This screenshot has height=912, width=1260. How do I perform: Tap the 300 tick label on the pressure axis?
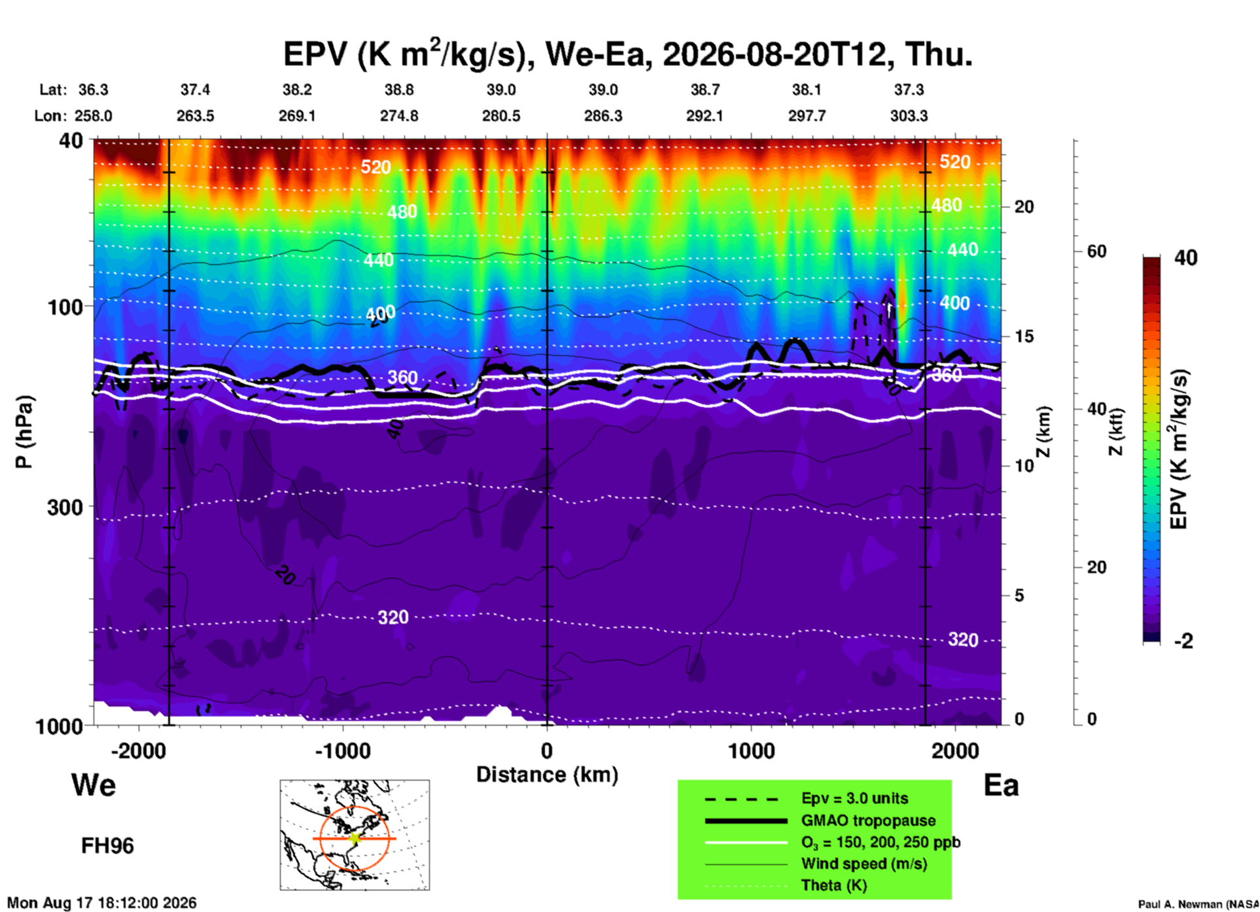click(65, 507)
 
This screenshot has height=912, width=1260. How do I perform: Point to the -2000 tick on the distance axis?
click(138, 751)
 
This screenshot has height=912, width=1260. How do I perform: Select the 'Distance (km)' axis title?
click(547, 775)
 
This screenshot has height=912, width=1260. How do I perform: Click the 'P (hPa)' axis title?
click(24, 432)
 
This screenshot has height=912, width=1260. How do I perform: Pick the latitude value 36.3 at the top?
click(93, 90)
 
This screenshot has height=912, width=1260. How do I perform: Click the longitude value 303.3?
click(909, 116)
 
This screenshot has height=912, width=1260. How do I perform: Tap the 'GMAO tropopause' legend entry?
click(868, 820)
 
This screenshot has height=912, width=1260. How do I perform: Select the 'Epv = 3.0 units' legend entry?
click(854, 799)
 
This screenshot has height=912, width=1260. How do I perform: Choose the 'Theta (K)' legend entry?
click(834, 886)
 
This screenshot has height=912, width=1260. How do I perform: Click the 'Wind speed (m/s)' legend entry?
click(864, 864)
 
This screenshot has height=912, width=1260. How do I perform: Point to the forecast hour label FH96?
click(107, 846)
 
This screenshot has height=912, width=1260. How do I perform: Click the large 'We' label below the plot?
click(94, 785)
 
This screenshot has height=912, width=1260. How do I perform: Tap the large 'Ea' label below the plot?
click(1001, 785)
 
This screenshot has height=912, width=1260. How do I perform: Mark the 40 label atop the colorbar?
click(1185, 258)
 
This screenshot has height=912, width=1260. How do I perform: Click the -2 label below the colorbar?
click(1183, 641)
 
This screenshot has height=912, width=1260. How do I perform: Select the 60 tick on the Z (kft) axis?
click(1096, 251)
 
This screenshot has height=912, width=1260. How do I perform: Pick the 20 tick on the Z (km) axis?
click(1024, 207)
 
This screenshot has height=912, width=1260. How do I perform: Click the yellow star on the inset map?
click(355, 838)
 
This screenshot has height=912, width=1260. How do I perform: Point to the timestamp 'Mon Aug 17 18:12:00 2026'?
click(101, 903)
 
